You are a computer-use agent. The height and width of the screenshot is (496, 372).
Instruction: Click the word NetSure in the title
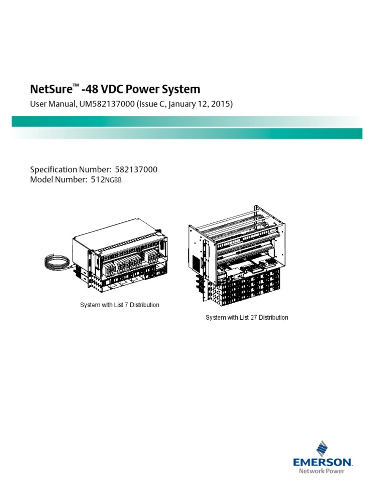click(51, 90)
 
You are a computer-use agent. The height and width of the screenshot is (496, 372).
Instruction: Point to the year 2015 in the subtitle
click(222, 104)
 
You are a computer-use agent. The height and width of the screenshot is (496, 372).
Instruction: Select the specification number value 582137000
click(136, 170)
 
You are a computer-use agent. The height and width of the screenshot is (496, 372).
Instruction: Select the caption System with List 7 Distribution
click(119, 305)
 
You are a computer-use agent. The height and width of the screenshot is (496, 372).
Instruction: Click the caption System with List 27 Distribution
click(247, 318)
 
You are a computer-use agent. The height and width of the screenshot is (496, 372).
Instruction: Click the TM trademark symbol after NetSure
click(76, 86)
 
